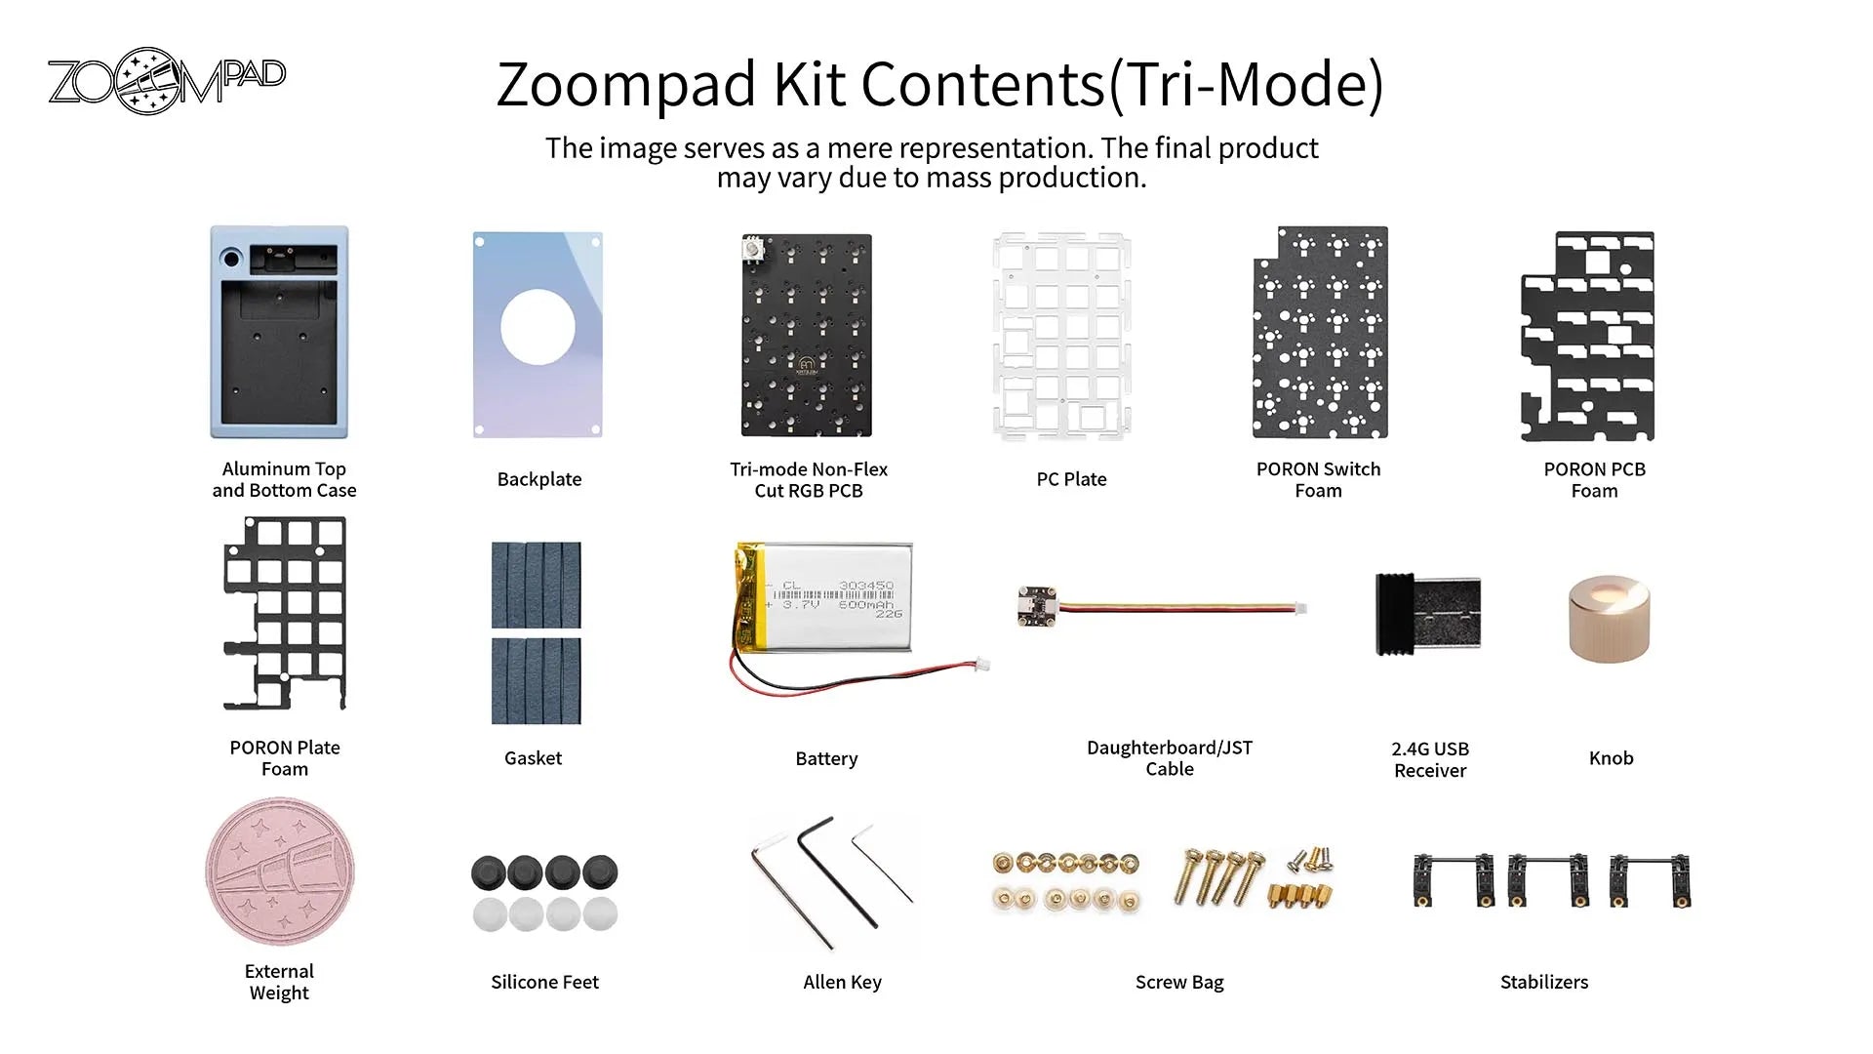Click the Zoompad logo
pyautogui.click(x=166, y=80)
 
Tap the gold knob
pyautogui.click(x=1609, y=619)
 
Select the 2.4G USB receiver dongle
pyautogui.click(x=1428, y=613)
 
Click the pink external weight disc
pyautogui.click(x=280, y=872)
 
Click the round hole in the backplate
pyautogui.click(x=538, y=327)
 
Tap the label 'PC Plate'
pyautogui.click(x=1071, y=479)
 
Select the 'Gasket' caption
pyautogui.click(x=533, y=758)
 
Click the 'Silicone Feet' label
pyautogui.click(x=544, y=982)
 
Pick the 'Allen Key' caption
pyautogui.click(x=842, y=982)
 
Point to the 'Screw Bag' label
pyautogui.click(x=1179, y=982)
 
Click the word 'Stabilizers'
pyautogui.click(x=1544, y=982)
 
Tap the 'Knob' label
pyautogui.click(x=1611, y=758)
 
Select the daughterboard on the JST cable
pyautogui.click(x=1037, y=606)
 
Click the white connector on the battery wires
pyautogui.click(x=982, y=665)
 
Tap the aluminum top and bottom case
pyautogui.click(x=280, y=332)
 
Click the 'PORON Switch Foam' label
pyautogui.click(x=1318, y=480)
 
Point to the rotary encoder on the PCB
pyautogui.click(x=753, y=250)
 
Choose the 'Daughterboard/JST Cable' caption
pyautogui.click(x=1170, y=758)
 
